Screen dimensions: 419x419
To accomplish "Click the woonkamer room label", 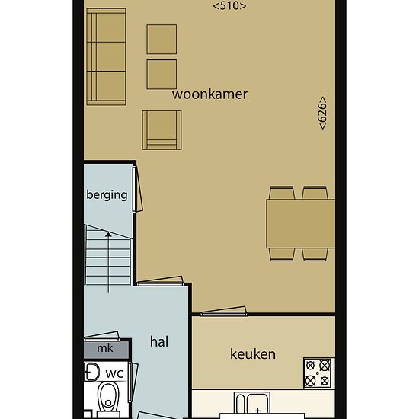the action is tap(209, 94).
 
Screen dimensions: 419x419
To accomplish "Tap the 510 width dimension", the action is tap(229, 6).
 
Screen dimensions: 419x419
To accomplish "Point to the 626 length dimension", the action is tap(323, 113).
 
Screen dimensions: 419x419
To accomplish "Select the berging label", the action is tap(107, 195).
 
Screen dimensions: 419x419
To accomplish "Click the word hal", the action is tap(159, 341).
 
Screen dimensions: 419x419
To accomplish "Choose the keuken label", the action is tap(253, 354).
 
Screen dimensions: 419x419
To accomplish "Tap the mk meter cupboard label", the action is tap(105, 348).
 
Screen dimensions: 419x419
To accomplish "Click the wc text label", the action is tap(114, 373).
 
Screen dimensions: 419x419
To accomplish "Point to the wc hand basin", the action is tap(91, 372).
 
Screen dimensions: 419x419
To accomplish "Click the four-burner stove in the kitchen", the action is tap(318, 373).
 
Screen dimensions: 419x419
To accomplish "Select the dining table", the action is tap(301, 223).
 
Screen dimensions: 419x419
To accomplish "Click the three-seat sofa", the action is tap(106, 56).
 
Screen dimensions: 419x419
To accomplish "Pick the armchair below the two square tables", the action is tap(162, 130).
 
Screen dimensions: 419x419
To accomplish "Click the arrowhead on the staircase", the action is tap(108, 235).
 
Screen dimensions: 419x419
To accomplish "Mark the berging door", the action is tap(138, 189).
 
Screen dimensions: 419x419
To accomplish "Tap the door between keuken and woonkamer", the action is tap(223, 311).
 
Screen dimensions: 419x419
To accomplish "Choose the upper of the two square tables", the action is tap(162, 40).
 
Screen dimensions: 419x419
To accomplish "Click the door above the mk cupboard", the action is tap(102, 336).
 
